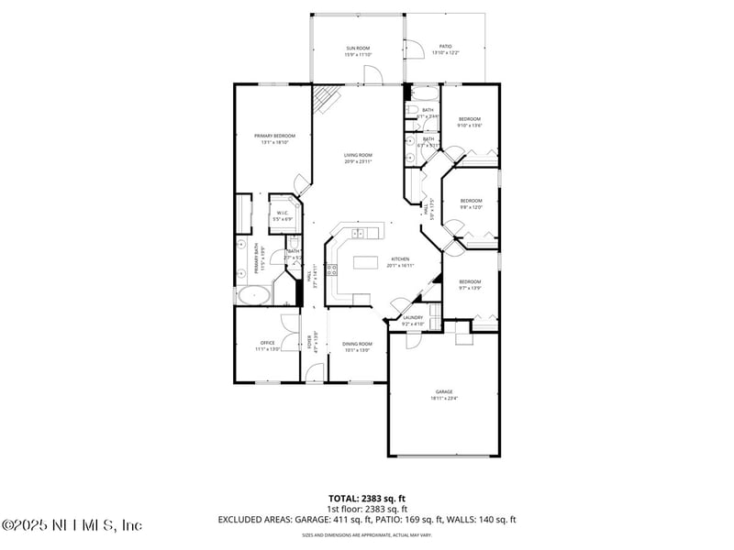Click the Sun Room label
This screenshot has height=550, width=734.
pyautogui.click(x=358, y=48)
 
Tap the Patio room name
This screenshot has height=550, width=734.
pyautogui.click(x=445, y=46)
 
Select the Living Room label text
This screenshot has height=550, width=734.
pyautogui.click(x=358, y=155)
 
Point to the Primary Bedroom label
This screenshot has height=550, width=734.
pyautogui.click(x=275, y=136)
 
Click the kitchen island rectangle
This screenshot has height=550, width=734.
pyautogui.click(x=366, y=263)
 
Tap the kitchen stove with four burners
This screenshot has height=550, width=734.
pyautogui.click(x=331, y=269)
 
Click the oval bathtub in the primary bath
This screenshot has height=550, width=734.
pyautogui.click(x=254, y=295)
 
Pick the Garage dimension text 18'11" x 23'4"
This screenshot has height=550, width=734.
pyautogui.click(x=444, y=398)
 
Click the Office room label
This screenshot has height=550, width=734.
pyautogui.click(x=267, y=343)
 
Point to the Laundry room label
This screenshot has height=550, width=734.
pyautogui.click(x=413, y=317)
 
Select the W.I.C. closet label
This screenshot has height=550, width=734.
pyautogui.click(x=284, y=214)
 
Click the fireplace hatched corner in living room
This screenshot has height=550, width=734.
pyautogui.click(x=325, y=97)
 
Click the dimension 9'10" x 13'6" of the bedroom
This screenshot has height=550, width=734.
pyautogui.click(x=470, y=126)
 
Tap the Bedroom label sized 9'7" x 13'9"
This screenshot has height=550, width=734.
pyautogui.click(x=470, y=281)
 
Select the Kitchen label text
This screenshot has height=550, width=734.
pyautogui.click(x=401, y=259)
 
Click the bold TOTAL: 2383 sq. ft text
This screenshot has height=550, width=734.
pyautogui.click(x=367, y=499)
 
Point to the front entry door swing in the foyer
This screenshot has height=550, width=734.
pyautogui.click(x=315, y=372)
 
